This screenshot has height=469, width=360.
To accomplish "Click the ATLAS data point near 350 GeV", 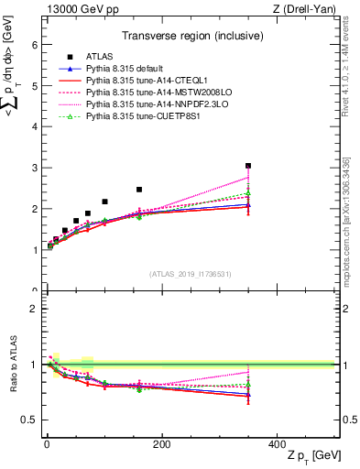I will [248, 166].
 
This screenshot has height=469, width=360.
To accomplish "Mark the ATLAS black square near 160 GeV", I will [139, 190].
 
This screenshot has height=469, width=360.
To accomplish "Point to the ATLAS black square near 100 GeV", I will [104, 202].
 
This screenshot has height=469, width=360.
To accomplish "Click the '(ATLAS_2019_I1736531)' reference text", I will [189, 273].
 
